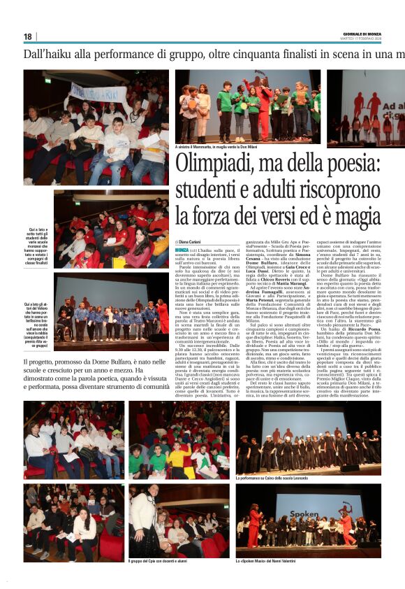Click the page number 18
[x=28, y=36]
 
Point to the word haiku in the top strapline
[x=68, y=54]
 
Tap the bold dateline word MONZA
[x=182, y=250]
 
